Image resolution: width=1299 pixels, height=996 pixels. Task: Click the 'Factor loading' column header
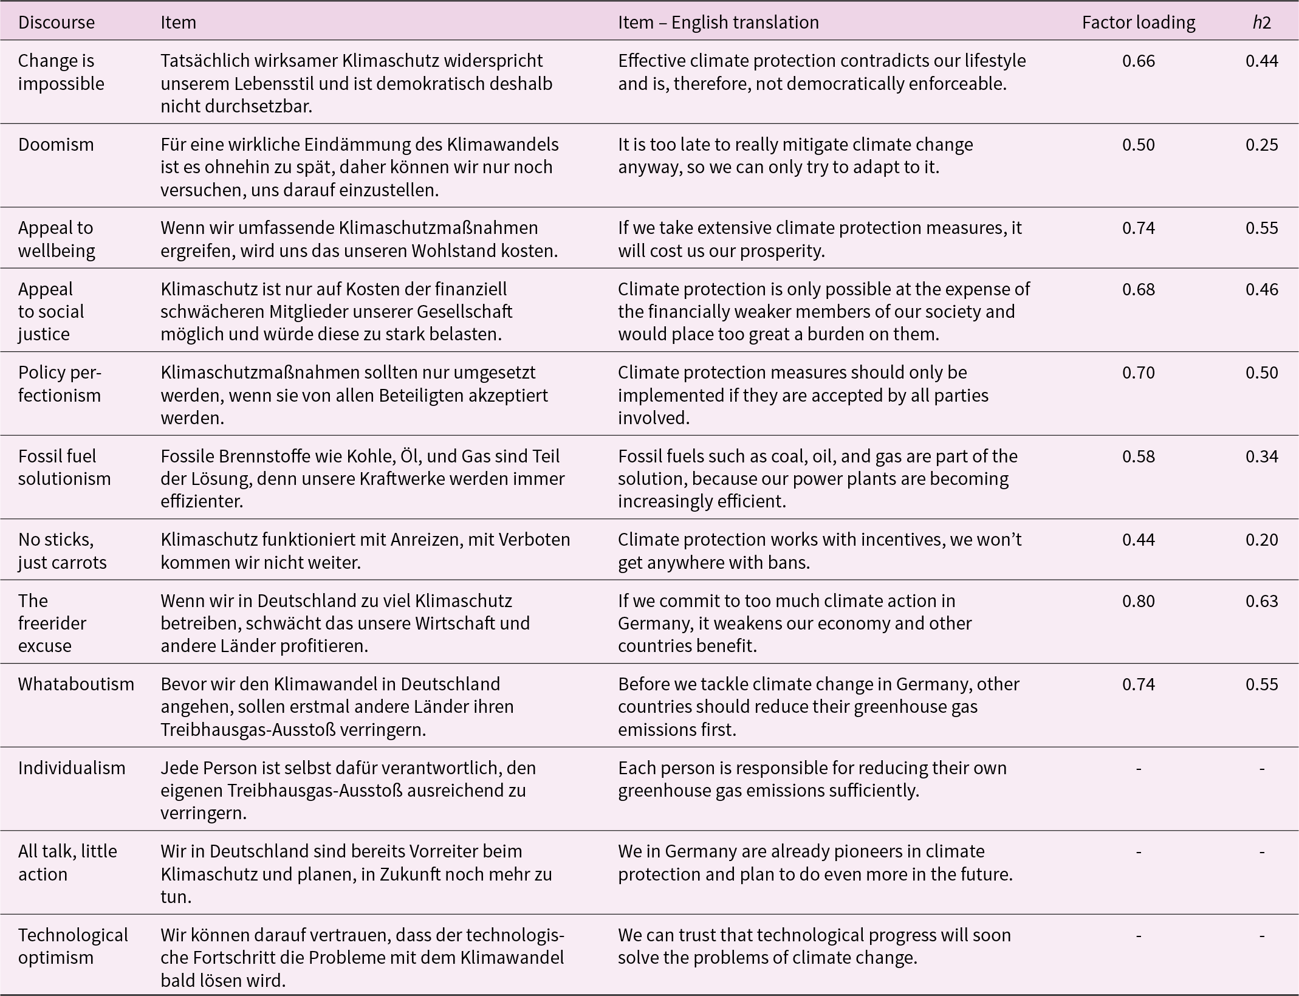point(1138,22)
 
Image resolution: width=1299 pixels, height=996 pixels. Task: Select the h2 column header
point(1261,22)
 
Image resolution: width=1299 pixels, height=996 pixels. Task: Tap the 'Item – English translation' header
point(718,22)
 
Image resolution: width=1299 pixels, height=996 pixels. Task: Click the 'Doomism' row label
point(56,145)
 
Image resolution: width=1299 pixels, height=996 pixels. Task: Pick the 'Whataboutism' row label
point(76,684)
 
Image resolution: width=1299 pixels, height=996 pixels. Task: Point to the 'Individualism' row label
point(72,768)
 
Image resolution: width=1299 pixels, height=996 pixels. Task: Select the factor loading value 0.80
point(1139,601)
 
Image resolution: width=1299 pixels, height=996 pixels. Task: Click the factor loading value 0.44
point(1139,540)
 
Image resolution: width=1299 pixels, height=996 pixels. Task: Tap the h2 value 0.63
point(1262,601)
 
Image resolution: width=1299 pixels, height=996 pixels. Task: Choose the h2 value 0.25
point(1262,145)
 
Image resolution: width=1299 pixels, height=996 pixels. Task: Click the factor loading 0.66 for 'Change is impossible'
point(1139,61)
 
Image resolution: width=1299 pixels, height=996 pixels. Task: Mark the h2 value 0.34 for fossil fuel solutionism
point(1262,456)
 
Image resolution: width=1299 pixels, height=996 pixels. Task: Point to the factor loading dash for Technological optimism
point(1139,936)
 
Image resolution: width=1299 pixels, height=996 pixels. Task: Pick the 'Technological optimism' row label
point(73,946)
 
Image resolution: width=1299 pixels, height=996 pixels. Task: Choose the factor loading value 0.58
point(1139,456)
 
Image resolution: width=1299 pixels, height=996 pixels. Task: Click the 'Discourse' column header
point(57,22)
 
